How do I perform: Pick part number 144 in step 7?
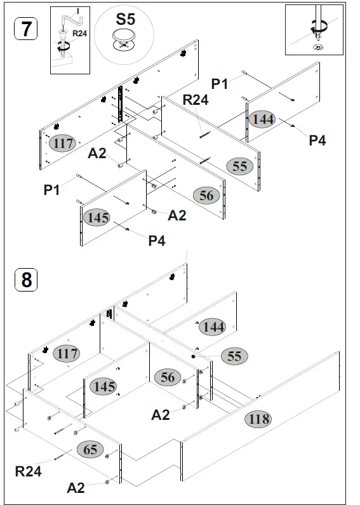[x=263, y=119]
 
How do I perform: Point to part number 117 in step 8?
[x=66, y=353]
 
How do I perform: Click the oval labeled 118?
[x=258, y=419]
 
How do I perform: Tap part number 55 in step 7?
[x=239, y=166]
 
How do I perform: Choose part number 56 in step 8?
[x=168, y=377]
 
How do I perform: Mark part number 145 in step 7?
[x=98, y=217]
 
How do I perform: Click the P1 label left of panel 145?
[x=52, y=189]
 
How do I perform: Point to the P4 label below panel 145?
[x=157, y=240]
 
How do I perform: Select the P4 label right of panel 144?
[x=317, y=140]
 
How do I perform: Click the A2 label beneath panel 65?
[x=76, y=487]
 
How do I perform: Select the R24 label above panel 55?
[x=195, y=100]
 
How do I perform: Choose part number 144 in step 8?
[x=212, y=327]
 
